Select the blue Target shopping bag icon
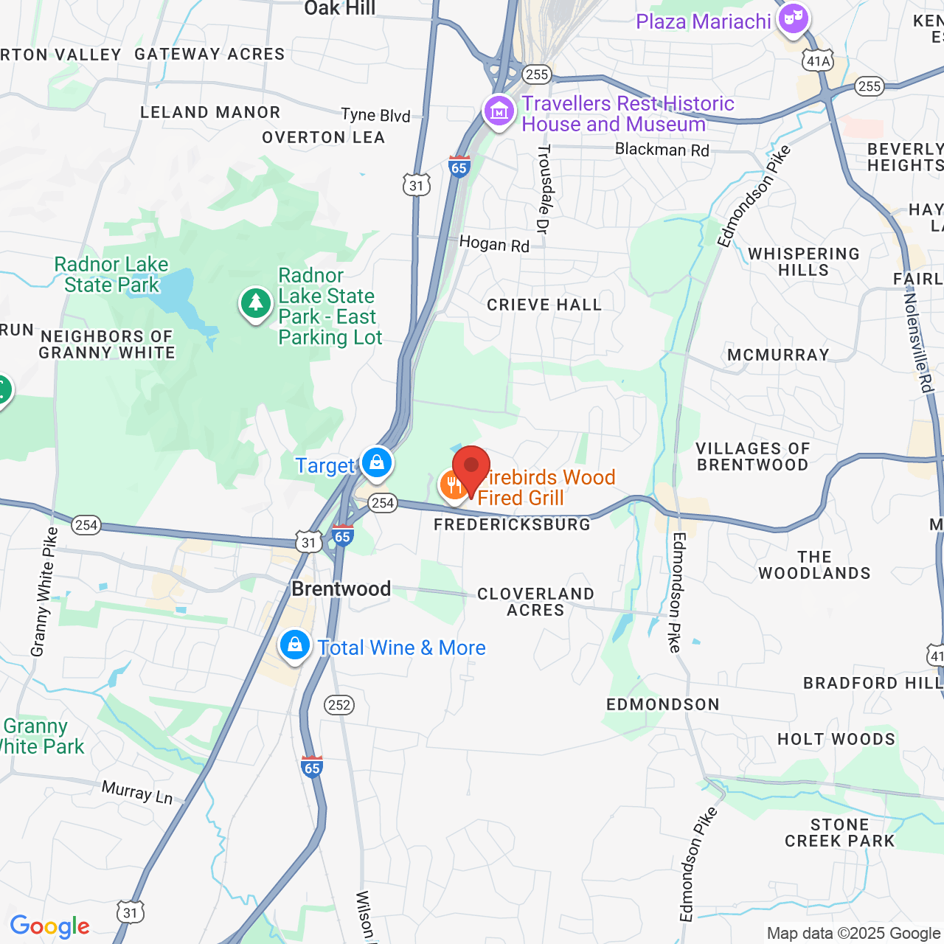coord(377,463)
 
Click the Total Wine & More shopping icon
coord(295,645)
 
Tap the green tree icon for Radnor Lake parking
coord(256,303)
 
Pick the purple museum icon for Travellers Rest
coord(499,112)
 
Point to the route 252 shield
coord(339,704)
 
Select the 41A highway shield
coord(818,60)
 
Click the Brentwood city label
coord(341,589)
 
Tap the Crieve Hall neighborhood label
coord(544,305)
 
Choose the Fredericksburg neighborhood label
coord(513,524)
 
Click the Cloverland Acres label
coord(535,602)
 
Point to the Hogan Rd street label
coord(494,243)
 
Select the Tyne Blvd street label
coord(375,114)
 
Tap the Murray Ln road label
coord(137,792)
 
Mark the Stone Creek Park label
coord(839,833)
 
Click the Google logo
coord(50,926)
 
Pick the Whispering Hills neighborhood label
coord(804,262)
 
